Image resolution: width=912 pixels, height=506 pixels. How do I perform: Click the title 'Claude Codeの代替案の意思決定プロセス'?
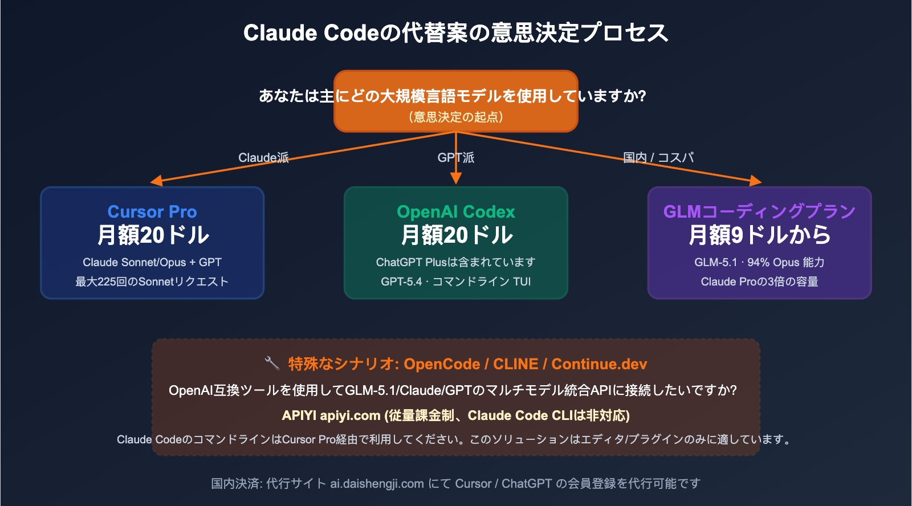click(455, 32)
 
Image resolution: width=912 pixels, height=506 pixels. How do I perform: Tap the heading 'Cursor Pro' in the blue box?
click(152, 211)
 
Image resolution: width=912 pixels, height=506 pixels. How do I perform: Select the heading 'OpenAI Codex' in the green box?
click(455, 211)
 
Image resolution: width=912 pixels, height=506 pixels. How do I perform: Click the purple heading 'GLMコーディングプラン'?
click(759, 211)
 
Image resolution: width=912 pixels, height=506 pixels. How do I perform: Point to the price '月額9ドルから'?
click(759, 235)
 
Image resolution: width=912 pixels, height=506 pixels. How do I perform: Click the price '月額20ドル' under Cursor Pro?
click(153, 235)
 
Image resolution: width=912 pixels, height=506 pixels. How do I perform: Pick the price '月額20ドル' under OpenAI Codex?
click(456, 235)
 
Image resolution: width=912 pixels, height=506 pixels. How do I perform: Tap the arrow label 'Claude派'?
click(263, 157)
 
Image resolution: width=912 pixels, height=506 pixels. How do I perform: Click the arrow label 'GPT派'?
click(455, 157)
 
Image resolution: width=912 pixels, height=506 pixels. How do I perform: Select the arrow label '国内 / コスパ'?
click(658, 157)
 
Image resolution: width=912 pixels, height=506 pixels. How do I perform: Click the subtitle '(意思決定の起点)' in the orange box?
click(455, 117)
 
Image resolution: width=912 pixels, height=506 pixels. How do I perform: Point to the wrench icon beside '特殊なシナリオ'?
click(272, 363)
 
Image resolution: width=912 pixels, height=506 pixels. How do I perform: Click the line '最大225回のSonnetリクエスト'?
click(152, 281)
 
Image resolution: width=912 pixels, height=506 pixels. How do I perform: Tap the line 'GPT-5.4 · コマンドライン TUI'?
click(455, 281)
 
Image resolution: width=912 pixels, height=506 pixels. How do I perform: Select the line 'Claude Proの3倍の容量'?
click(759, 281)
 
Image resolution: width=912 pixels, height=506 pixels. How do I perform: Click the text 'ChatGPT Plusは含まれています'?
click(455, 262)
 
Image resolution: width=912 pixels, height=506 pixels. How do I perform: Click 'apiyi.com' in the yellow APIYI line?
click(350, 415)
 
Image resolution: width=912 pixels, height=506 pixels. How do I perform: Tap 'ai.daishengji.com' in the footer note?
click(377, 483)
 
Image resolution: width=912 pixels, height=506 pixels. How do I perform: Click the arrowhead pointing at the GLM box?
click(755, 181)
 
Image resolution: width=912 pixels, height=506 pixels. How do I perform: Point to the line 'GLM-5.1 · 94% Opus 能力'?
click(759, 262)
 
